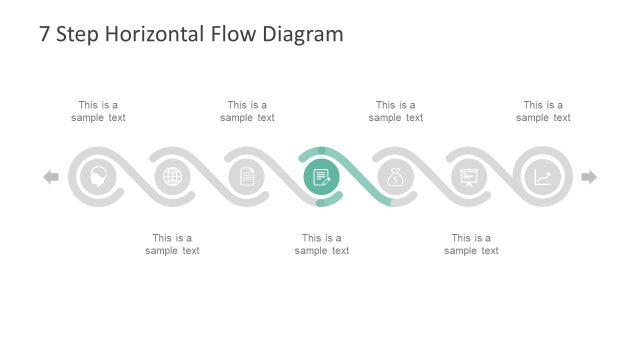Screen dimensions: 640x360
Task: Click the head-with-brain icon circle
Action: click(98, 177)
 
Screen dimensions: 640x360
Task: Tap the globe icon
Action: click(172, 177)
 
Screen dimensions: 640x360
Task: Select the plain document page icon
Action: click(246, 177)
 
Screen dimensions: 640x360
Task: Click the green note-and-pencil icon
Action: click(321, 177)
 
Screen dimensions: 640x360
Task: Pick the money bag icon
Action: click(395, 177)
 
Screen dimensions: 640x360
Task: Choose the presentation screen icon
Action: click(469, 177)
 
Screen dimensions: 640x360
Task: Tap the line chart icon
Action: click(543, 177)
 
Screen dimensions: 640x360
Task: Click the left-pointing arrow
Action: click(51, 177)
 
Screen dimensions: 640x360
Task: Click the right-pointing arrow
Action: click(589, 177)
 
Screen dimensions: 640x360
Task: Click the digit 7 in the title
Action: click(45, 35)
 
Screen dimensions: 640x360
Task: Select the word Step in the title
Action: click(79, 35)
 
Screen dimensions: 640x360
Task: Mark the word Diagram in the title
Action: click(304, 35)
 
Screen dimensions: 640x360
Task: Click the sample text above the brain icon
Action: click(98, 111)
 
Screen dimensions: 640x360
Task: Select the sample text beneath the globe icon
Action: click(172, 244)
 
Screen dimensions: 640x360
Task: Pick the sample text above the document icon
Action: click(247, 111)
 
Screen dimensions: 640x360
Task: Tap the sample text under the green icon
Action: click(322, 244)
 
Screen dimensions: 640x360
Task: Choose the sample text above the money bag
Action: click(395, 111)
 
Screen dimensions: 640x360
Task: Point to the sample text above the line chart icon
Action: click(543, 111)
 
